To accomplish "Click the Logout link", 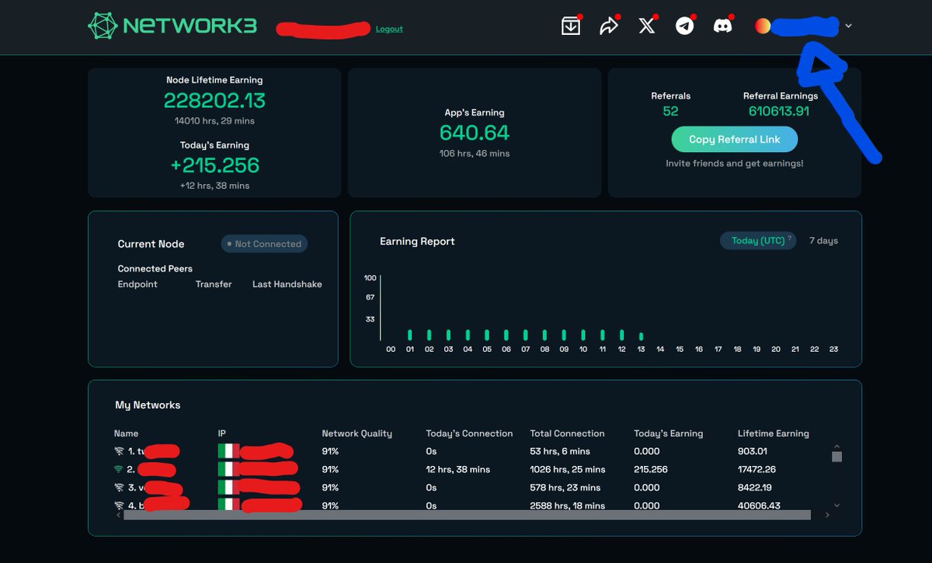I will pyautogui.click(x=389, y=29).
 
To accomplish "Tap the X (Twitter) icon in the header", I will pyautogui.click(x=646, y=26).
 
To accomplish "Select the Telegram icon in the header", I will pyautogui.click(x=684, y=26).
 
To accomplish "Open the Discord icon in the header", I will pyautogui.click(x=722, y=26).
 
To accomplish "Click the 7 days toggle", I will pyautogui.click(x=823, y=241).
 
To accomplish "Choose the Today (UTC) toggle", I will pyautogui.click(x=758, y=241).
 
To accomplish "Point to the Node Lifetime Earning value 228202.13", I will pyautogui.click(x=214, y=100).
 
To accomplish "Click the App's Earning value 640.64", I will pyautogui.click(x=475, y=133).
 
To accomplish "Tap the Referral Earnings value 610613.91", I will pyautogui.click(x=779, y=111).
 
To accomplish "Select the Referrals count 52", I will pyautogui.click(x=670, y=111).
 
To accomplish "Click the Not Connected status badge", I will pyautogui.click(x=264, y=244).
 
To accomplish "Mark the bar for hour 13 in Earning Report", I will pyautogui.click(x=641, y=336).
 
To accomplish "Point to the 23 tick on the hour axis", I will pyautogui.click(x=833, y=349).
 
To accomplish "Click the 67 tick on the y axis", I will pyautogui.click(x=370, y=297).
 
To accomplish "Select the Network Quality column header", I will pyautogui.click(x=356, y=433).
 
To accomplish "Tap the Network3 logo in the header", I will pyautogui.click(x=172, y=26).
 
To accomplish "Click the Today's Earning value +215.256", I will pyautogui.click(x=214, y=165).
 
